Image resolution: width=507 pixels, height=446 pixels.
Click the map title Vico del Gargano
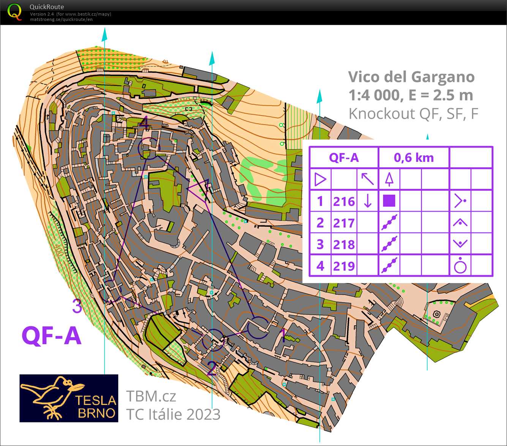coord(411,77)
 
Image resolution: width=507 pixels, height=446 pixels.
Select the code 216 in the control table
coord(344,201)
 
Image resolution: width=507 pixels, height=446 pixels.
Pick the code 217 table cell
coord(344,223)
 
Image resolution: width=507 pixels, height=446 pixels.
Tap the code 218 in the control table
coord(344,244)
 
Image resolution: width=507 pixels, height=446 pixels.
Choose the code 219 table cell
coord(344,266)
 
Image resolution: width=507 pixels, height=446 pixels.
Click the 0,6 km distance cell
coord(414,158)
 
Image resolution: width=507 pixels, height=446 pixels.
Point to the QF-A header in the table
coord(344,158)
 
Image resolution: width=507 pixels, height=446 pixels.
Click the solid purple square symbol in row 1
coord(389,201)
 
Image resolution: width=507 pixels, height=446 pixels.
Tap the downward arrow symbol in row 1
coord(368,201)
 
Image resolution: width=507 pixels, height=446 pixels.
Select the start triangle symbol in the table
coord(320,179)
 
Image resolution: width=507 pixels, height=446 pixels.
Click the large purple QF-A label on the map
coord(52,335)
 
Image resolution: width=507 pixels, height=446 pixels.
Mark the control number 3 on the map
coord(77,306)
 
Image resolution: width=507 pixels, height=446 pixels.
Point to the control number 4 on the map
coord(144,122)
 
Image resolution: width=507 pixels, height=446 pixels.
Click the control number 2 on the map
coord(212,368)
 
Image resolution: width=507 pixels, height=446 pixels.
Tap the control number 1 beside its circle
coord(283,335)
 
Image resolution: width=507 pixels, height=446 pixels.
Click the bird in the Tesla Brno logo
coord(53,395)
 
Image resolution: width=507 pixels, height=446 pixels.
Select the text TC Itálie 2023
coord(173,414)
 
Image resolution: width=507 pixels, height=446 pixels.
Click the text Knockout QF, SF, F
coord(413,114)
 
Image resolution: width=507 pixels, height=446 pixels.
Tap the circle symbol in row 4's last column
coord(460,266)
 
